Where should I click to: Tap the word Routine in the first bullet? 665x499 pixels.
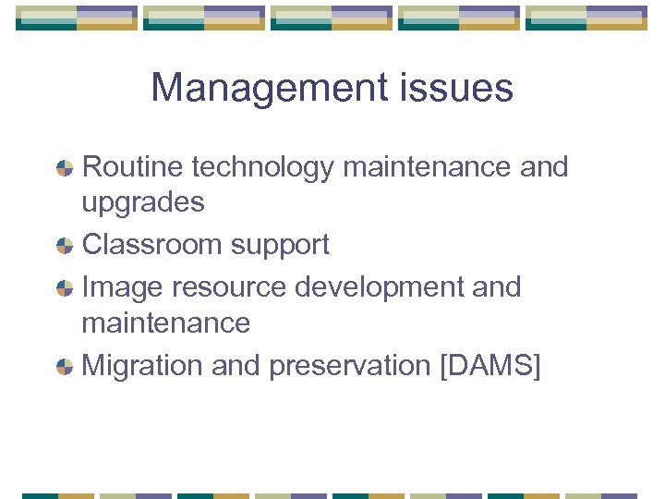pos(134,167)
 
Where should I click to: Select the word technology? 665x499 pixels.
pos(263,168)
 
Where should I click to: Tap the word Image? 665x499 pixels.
pos(119,287)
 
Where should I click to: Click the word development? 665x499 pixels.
pos(380,287)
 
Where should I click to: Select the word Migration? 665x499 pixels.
pos(143,366)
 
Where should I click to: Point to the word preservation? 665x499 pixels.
pos(349,366)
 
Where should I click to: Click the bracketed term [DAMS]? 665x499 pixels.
pos(490,366)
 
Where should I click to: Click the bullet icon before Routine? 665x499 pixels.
pos(65,168)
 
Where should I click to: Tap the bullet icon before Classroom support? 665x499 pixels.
pos(65,246)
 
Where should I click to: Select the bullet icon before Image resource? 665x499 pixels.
pos(65,288)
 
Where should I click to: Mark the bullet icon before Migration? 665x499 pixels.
pos(65,367)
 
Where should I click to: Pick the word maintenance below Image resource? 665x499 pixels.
pos(166,323)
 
